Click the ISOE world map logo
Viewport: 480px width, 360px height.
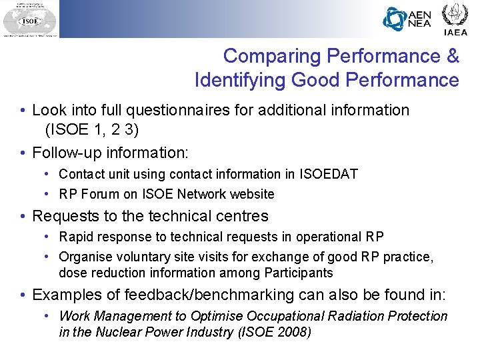(x=29, y=19)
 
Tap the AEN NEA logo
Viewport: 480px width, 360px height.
(x=407, y=19)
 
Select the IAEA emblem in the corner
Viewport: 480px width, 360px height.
(x=455, y=18)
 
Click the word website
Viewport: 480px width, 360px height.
(x=252, y=194)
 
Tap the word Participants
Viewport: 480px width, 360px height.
(x=298, y=273)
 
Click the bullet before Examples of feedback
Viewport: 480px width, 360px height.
(x=23, y=295)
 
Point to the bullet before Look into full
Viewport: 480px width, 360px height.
(x=23, y=110)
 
